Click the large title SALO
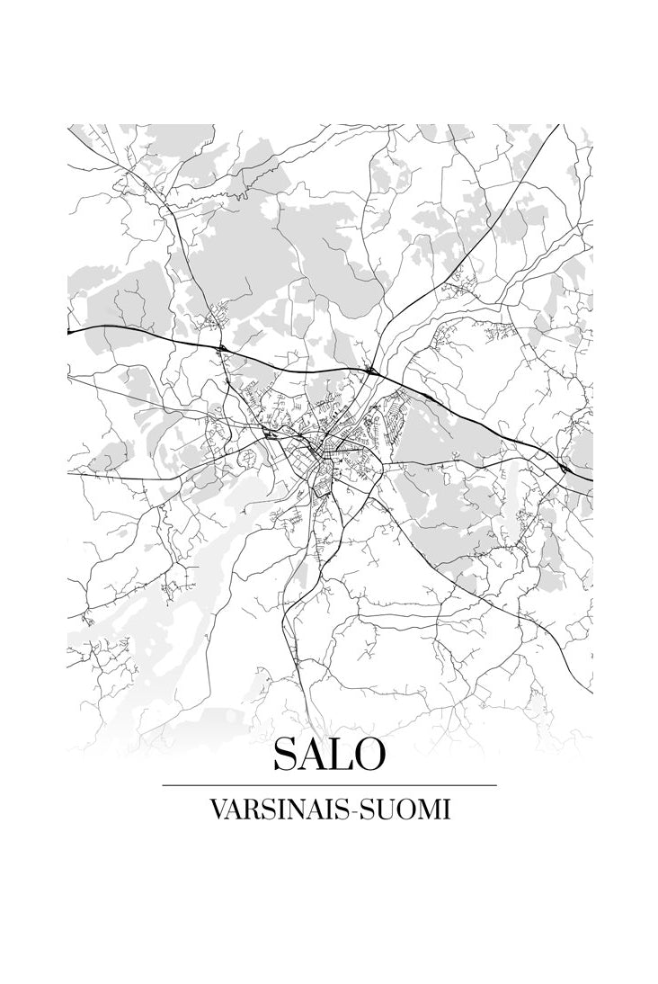click(x=329, y=754)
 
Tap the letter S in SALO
click(x=289, y=754)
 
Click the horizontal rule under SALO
click(x=329, y=785)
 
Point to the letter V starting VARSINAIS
click(x=217, y=810)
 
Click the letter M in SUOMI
click(x=428, y=810)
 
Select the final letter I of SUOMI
click(x=445, y=810)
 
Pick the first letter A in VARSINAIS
click(x=232, y=810)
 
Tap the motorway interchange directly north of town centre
click(x=369, y=369)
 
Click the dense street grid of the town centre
click(x=328, y=445)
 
